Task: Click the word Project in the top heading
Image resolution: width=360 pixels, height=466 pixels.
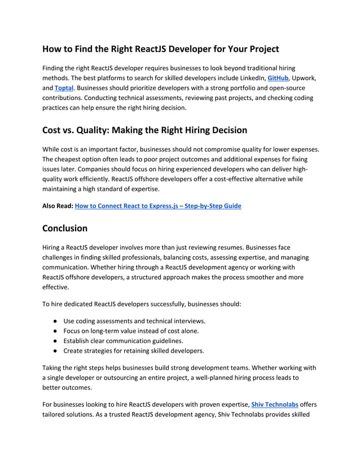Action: pos(258,49)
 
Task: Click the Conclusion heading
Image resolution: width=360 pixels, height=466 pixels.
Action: pos(65,228)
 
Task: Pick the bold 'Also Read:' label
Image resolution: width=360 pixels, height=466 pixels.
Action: pos(58,206)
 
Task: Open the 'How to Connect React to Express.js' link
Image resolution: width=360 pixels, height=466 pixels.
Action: pos(158,206)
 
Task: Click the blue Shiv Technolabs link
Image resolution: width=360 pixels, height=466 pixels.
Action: pos(274,405)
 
